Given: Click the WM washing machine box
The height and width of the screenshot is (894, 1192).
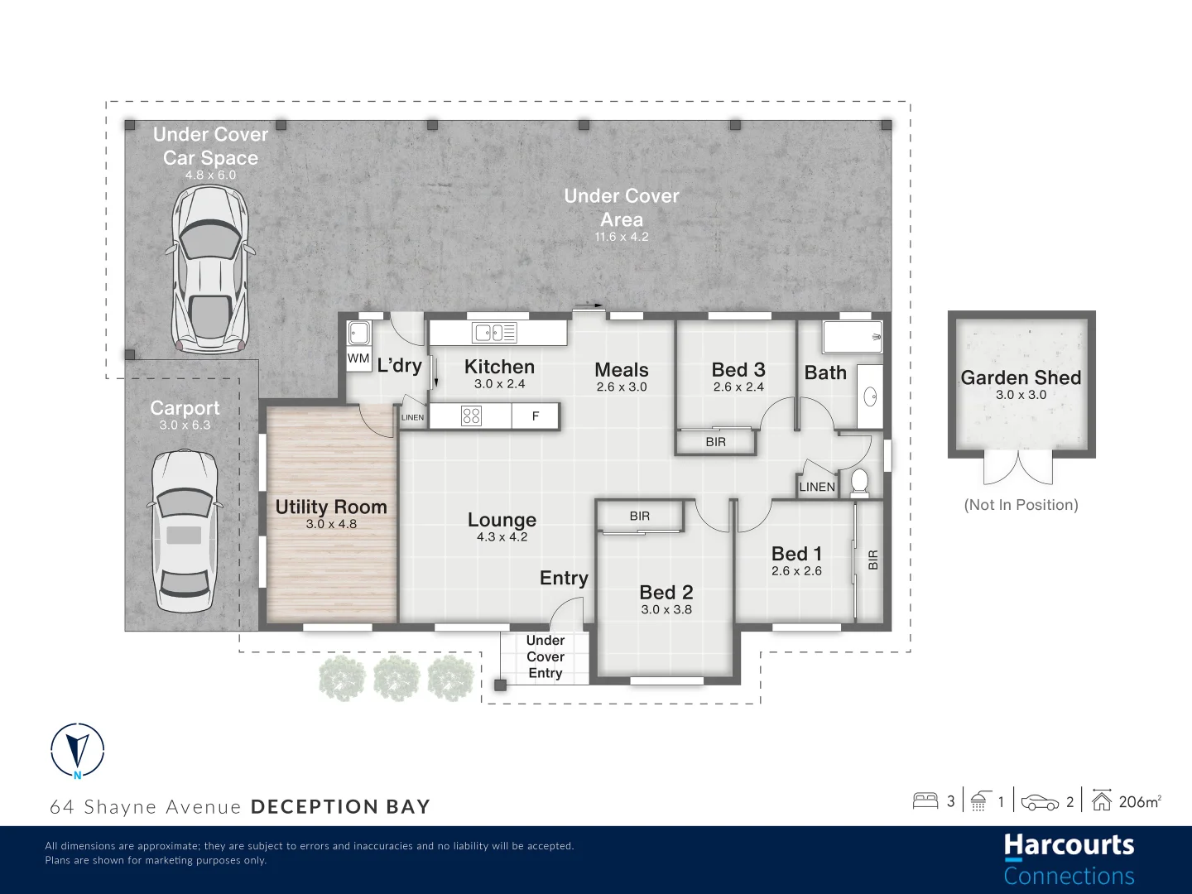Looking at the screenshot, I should (x=358, y=358).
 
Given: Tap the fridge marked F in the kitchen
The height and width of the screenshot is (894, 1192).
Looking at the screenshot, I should (x=536, y=416).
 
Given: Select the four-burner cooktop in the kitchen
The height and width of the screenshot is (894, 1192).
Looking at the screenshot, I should (x=471, y=416).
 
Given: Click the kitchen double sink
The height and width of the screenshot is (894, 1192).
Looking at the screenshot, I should (x=494, y=333).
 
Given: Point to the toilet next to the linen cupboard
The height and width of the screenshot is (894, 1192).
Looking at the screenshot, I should (x=860, y=483).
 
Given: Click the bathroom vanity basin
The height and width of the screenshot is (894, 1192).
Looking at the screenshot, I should (x=870, y=397).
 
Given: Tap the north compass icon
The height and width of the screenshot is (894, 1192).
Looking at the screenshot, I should (x=77, y=751).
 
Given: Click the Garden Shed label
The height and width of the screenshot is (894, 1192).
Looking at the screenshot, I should (x=1021, y=377).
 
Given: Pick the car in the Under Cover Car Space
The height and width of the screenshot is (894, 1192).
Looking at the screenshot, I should (x=210, y=269).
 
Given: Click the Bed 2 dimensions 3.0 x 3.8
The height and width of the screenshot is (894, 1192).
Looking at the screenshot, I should (x=666, y=610).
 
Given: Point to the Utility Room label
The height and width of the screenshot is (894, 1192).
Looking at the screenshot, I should (x=331, y=507).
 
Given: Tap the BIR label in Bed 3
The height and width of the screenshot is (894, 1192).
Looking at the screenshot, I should (x=716, y=442).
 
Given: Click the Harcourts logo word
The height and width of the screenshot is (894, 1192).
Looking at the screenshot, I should (x=1069, y=845).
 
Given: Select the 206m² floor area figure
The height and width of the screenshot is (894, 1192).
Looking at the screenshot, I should (x=1139, y=801).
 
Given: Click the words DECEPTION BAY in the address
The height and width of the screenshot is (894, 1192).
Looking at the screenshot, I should (x=340, y=807).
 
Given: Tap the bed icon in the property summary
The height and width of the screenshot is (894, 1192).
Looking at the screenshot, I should (x=925, y=800).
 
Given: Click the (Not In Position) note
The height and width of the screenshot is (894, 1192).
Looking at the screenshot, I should (x=1021, y=505).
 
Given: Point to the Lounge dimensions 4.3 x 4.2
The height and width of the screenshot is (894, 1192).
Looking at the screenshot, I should (x=502, y=537).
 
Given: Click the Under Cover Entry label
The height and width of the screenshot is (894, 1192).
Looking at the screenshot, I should (x=546, y=656).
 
